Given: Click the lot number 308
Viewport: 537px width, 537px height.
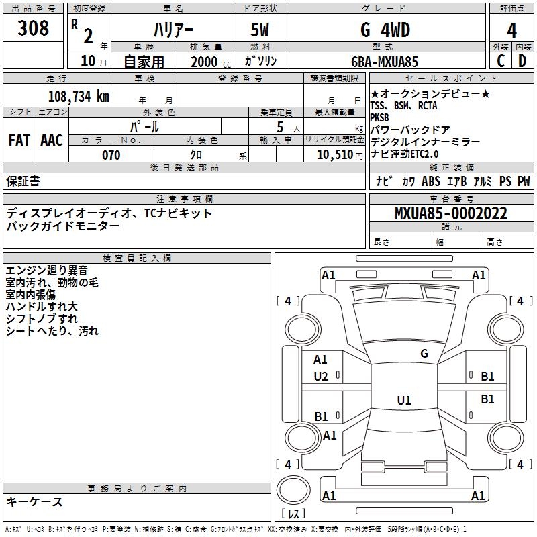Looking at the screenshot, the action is click(x=34, y=28).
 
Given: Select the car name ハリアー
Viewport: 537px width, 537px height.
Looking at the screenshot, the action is click(x=173, y=30).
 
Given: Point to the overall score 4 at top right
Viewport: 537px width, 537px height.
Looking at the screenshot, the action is click(x=512, y=31).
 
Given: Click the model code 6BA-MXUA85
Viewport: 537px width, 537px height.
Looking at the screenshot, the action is click(x=385, y=62).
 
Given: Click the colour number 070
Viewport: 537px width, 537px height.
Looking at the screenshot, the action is click(x=111, y=156).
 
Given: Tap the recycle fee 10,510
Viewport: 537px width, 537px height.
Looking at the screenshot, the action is click(x=334, y=156).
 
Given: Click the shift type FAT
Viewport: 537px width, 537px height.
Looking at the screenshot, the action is click(x=19, y=140).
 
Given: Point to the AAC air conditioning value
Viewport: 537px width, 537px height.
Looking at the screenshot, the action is click(x=52, y=140).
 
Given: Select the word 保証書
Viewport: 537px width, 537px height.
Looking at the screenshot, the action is click(x=23, y=181).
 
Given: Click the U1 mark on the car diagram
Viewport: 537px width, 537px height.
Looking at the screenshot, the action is click(x=403, y=401).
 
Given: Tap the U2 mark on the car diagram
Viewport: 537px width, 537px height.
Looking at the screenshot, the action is click(x=321, y=377).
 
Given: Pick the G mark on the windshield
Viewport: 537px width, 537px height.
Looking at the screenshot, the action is click(x=424, y=353).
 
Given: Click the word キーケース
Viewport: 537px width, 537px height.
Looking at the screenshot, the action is click(x=34, y=501).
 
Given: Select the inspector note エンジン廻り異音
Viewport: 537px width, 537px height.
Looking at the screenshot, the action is click(x=46, y=271).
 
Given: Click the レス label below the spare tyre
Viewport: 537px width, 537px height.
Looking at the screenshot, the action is click(x=293, y=514).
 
